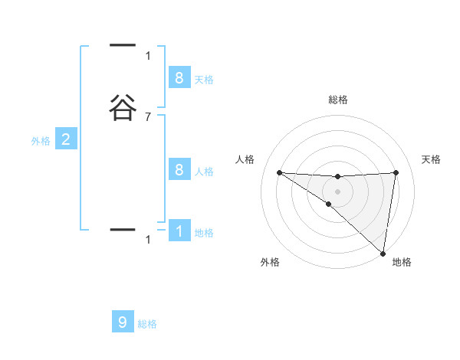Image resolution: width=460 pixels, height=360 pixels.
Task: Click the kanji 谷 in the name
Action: [123, 107]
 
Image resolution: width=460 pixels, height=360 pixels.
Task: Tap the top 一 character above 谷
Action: [123, 46]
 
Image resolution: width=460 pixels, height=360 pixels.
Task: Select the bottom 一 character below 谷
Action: [123, 229]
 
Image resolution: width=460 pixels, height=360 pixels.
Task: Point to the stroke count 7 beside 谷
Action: [148, 116]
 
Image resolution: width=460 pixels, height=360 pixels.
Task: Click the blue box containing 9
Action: [123, 322]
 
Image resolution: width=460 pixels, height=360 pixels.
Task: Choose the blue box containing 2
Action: [66, 139]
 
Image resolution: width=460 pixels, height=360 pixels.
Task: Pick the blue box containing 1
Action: [179, 231]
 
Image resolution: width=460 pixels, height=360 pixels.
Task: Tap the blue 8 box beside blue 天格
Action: [179, 78]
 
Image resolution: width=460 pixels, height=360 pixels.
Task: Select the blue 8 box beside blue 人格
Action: [179, 169]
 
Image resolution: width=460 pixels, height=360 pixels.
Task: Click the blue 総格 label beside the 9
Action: [147, 324]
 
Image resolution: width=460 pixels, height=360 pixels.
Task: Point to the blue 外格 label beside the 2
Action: [41, 141]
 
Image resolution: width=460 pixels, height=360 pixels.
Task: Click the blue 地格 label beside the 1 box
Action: [204, 233]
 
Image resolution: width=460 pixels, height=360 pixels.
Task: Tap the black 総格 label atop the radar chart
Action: [338, 100]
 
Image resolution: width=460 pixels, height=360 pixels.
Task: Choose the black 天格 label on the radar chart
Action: [432, 159]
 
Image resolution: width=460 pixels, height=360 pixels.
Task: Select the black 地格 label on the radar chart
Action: [402, 262]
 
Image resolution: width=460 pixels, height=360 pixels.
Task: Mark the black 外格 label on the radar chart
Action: [270, 262]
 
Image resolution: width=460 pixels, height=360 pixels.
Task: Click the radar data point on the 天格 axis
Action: [396, 172]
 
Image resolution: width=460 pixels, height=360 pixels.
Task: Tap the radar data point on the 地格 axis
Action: [383, 253]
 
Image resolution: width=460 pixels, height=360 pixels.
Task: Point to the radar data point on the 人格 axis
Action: [279, 172]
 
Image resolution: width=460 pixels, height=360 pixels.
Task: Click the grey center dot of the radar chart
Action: [337, 191]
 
